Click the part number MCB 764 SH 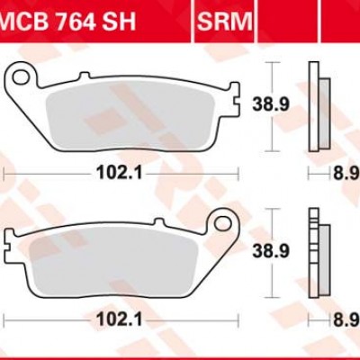67,21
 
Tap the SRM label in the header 225,21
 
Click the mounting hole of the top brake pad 20,76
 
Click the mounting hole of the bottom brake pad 223,223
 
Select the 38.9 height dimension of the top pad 271,104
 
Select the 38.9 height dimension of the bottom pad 271,251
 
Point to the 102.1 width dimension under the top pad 119,173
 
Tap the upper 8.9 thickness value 346,173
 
